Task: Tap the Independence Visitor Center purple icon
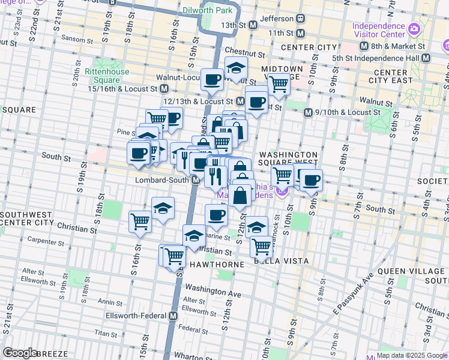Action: (x=414, y=29)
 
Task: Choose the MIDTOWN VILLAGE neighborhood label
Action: (x=278, y=68)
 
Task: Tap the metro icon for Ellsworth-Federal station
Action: (x=173, y=316)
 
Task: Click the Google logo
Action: (x=20, y=353)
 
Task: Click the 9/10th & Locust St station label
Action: (x=348, y=112)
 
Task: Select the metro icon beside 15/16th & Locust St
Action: (x=163, y=89)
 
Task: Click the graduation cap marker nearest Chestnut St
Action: (x=237, y=68)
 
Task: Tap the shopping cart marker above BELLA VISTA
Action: (x=262, y=245)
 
